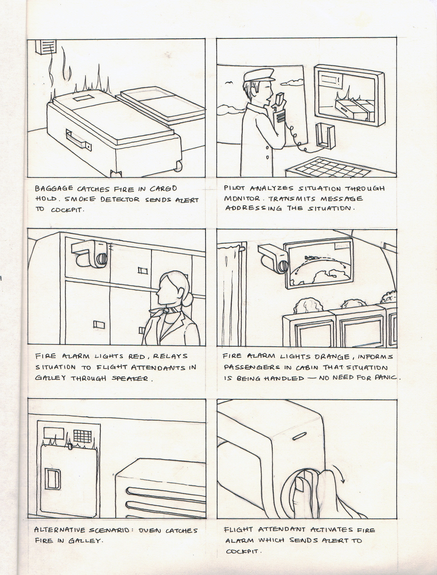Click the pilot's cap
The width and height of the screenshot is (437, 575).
point(259,76)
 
